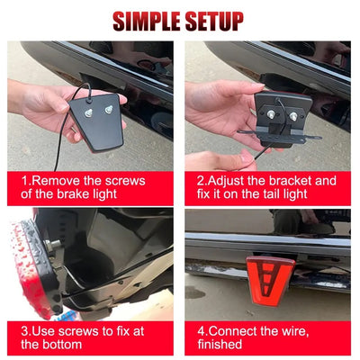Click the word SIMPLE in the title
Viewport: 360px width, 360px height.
(x=147, y=22)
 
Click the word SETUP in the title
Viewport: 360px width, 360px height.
(x=214, y=22)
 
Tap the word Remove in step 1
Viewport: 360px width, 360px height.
(x=56, y=181)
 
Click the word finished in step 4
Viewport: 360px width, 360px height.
(x=220, y=345)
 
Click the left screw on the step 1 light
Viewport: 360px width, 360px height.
(x=89, y=112)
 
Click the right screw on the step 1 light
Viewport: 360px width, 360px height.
(x=109, y=110)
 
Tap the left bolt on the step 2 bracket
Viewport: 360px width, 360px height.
(x=271, y=113)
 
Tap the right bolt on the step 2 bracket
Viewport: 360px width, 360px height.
(x=293, y=115)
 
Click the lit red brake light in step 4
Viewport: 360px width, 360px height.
(x=271, y=280)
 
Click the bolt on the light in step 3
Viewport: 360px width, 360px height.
(x=53, y=244)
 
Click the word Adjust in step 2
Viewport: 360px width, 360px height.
(x=227, y=181)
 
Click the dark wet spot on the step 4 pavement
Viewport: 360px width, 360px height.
(x=195, y=292)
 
